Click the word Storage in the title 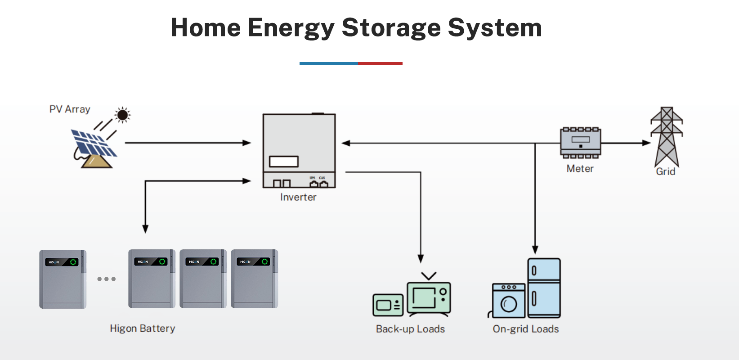click(x=391, y=28)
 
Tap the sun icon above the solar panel click(x=122, y=115)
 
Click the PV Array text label click(x=70, y=109)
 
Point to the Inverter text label click(x=298, y=197)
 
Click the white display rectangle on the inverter click(x=284, y=162)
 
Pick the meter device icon click(x=580, y=143)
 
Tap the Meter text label click(x=580, y=169)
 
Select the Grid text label click(x=665, y=171)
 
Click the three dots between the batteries click(x=107, y=279)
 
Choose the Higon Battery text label click(x=143, y=328)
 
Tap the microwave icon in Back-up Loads click(x=388, y=305)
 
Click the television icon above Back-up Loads click(x=429, y=297)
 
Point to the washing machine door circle click(x=509, y=305)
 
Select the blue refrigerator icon click(x=544, y=288)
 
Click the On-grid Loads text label click(x=526, y=329)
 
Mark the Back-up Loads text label click(x=410, y=329)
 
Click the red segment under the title click(x=380, y=63)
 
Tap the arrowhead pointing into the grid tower click(x=647, y=143)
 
